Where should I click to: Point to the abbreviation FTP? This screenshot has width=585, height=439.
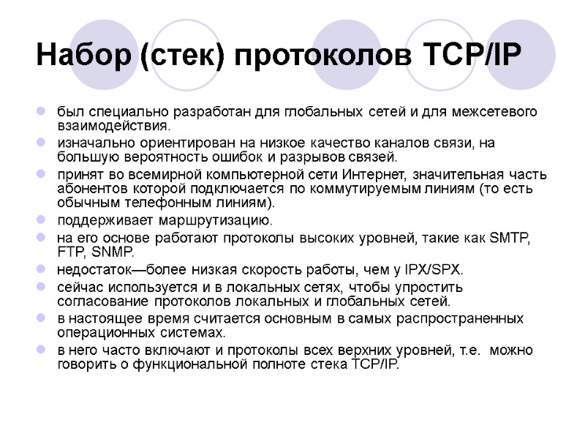(x=69, y=252)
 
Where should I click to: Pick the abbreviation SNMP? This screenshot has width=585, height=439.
(x=113, y=252)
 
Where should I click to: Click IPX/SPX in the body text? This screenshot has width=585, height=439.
(x=435, y=269)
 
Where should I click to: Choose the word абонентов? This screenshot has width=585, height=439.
(x=87, y=188)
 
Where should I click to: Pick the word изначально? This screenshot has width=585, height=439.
(x=90, y=143)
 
